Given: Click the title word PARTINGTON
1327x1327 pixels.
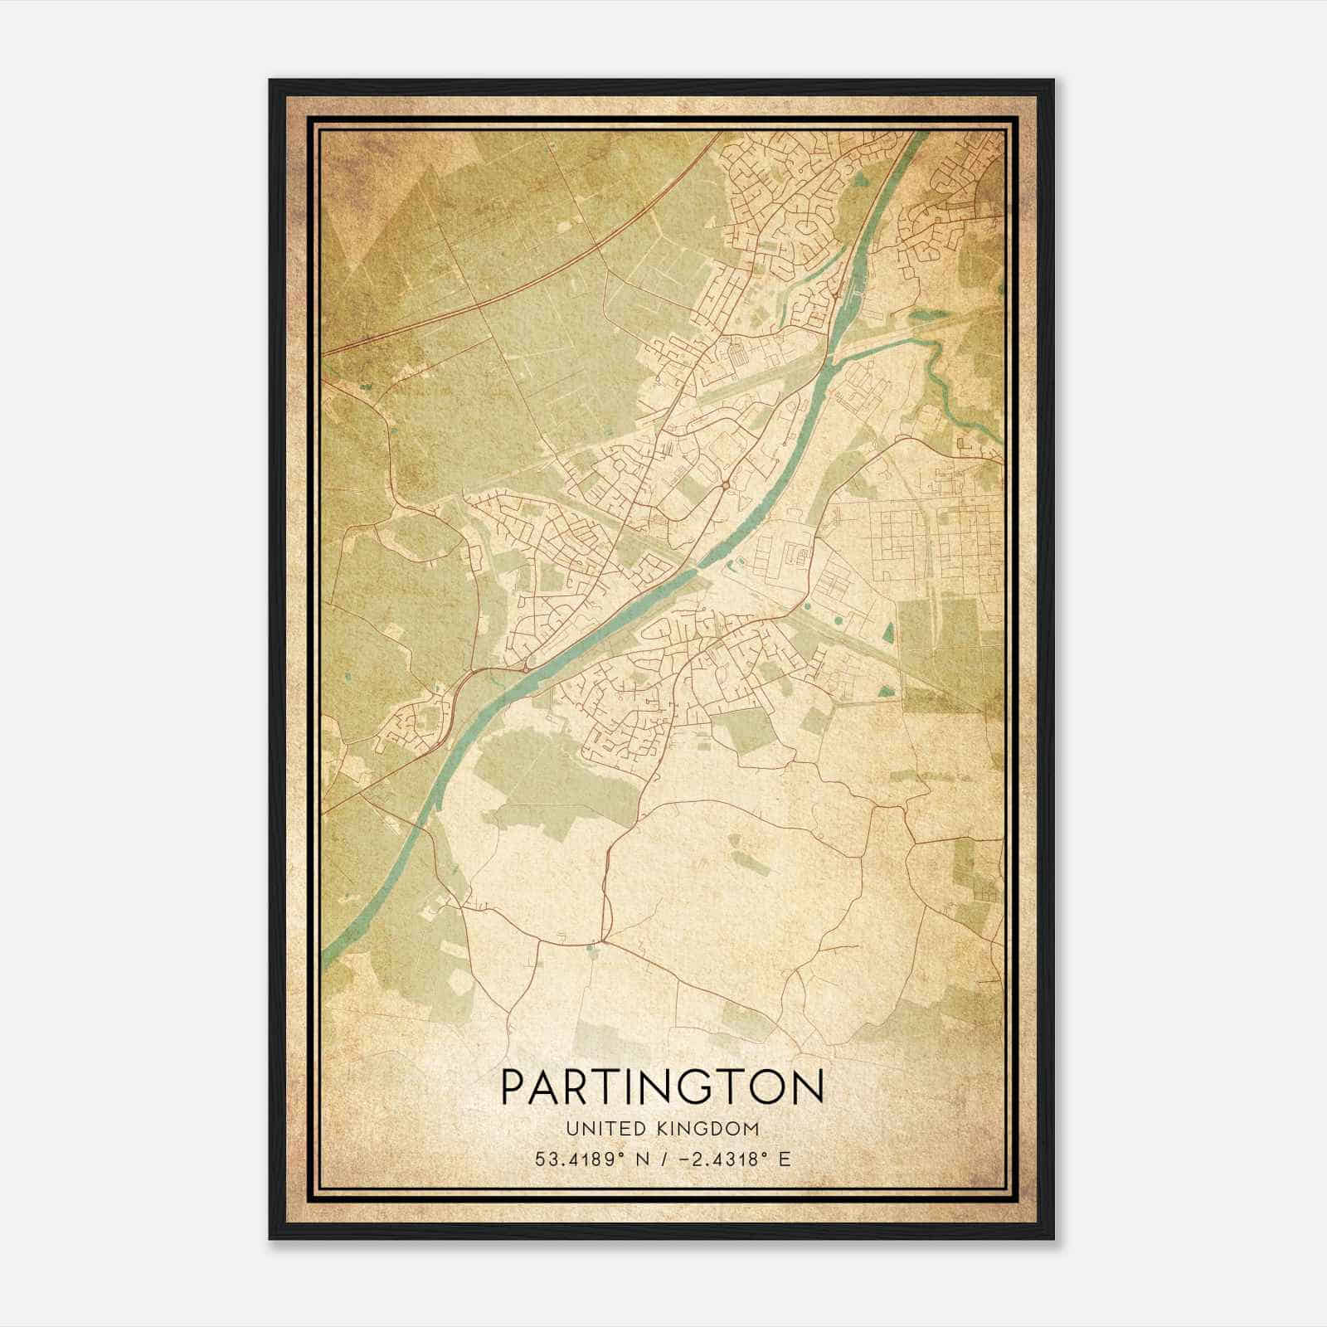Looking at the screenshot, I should pos(663,1087).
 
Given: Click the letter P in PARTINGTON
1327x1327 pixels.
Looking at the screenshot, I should pos(513,1087).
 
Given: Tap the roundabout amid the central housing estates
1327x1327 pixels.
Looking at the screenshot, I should pos(726,485).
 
